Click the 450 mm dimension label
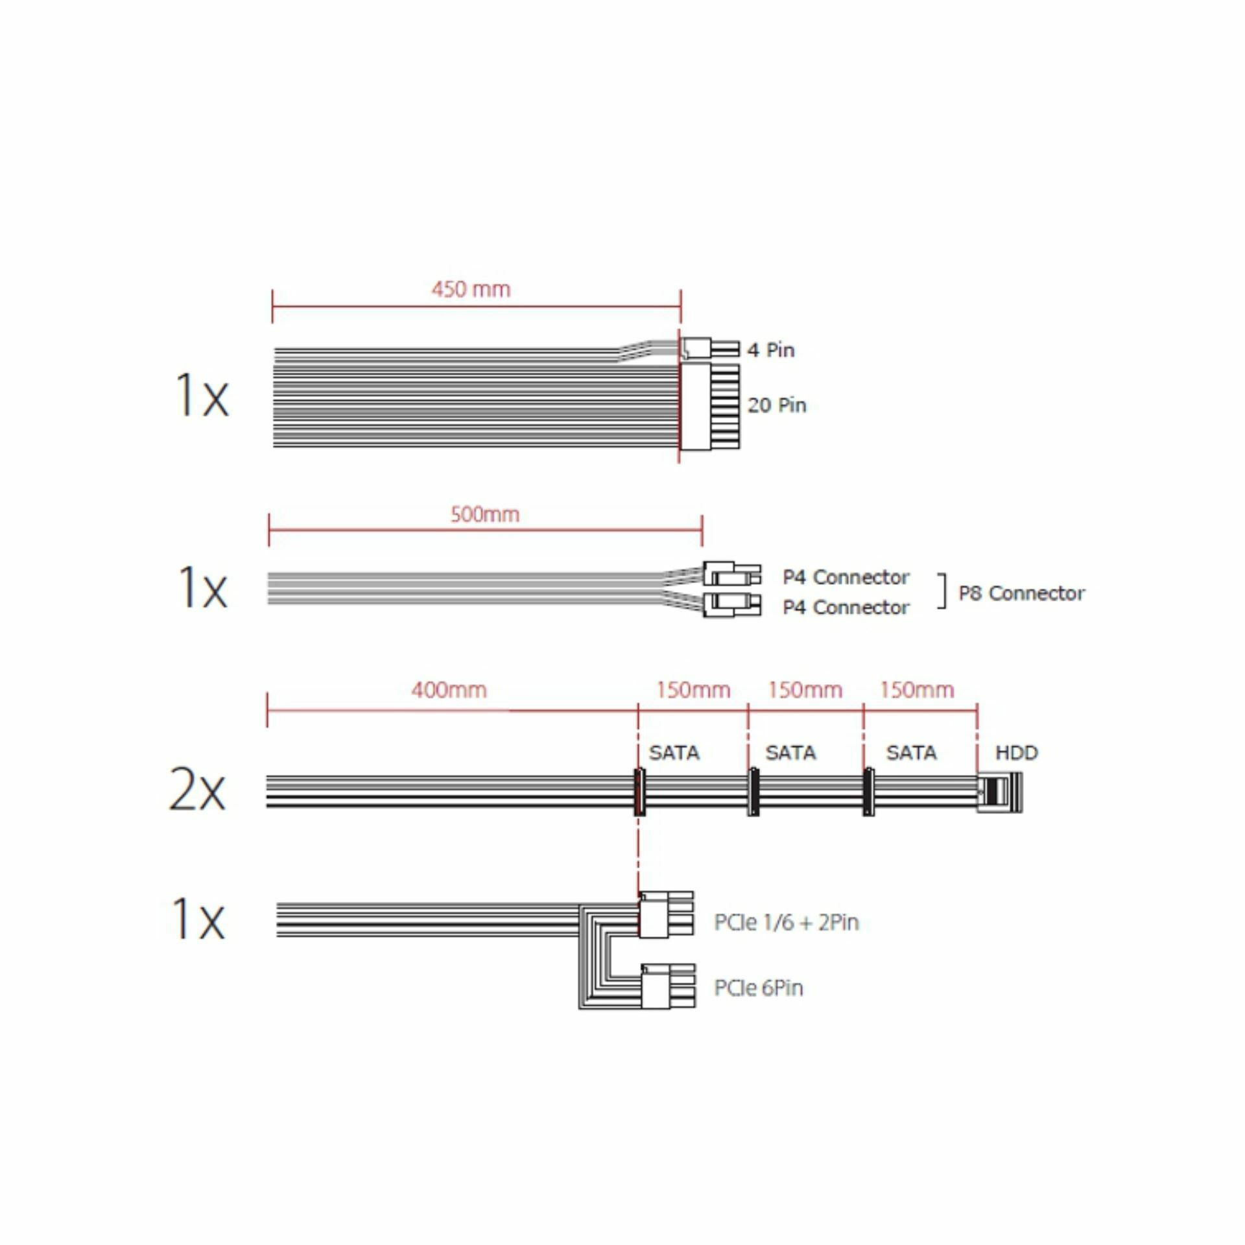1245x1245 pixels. pos(471,289)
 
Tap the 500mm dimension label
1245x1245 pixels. pos(485,515)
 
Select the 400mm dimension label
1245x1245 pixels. pos(449,690)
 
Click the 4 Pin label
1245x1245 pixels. pos(770,350)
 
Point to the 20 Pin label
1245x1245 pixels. pos(777,405)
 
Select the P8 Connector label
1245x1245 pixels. pos(1021,593)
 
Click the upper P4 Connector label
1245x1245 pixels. pos(846,577)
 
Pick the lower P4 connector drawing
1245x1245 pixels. pos(732,604)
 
